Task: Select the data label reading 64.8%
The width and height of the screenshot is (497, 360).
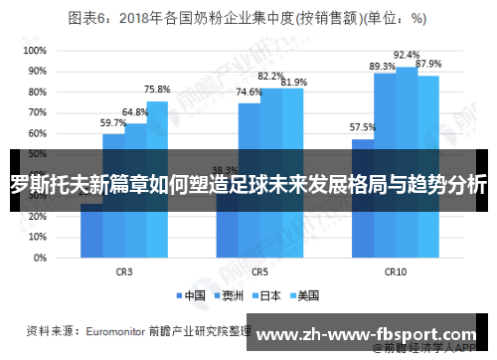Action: point(135,112)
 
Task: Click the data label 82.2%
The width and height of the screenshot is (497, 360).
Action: point(270,76)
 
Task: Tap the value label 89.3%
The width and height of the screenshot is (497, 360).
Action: point(383,67)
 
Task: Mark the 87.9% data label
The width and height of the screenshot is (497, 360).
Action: point(428,64)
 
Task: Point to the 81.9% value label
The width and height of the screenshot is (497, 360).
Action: point(293,83)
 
